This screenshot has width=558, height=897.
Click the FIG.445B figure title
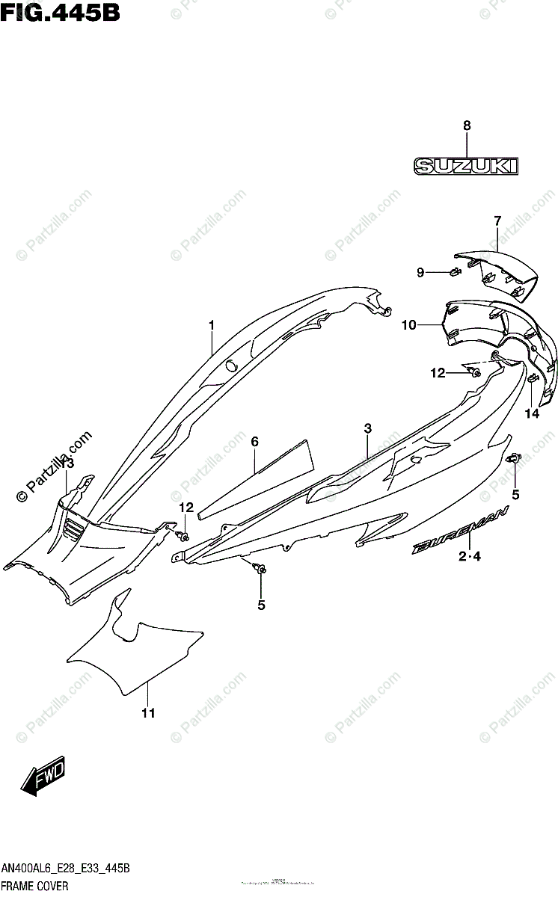pyautogui.click(x=61, y=13)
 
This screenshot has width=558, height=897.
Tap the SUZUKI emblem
pyautogui.click(x=467, y=166)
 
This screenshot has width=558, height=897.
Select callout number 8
pyautogui.click(x=467, y=126)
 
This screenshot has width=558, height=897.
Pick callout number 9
pyautogui.click(x=420, y=272)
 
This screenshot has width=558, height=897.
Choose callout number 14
pyautogui.click(x=532, y=413)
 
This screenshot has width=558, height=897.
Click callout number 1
pyautogui.click(x=212, y=325)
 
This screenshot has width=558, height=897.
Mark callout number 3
pyautogui.click(x=368, y=428)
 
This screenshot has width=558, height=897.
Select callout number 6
pyautogui.click(x=254, y=443)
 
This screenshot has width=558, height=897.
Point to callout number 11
pyautogui.click(x=149, y=713)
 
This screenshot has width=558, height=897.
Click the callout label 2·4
pyautogui.click(x=470, y=556)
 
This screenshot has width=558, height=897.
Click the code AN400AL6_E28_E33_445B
pyautogui.click(x=66, y=870)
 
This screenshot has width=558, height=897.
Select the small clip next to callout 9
pyautogui.click(x=454, y=271)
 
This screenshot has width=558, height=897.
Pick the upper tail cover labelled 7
pyautogui.click(x=501, y=269)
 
